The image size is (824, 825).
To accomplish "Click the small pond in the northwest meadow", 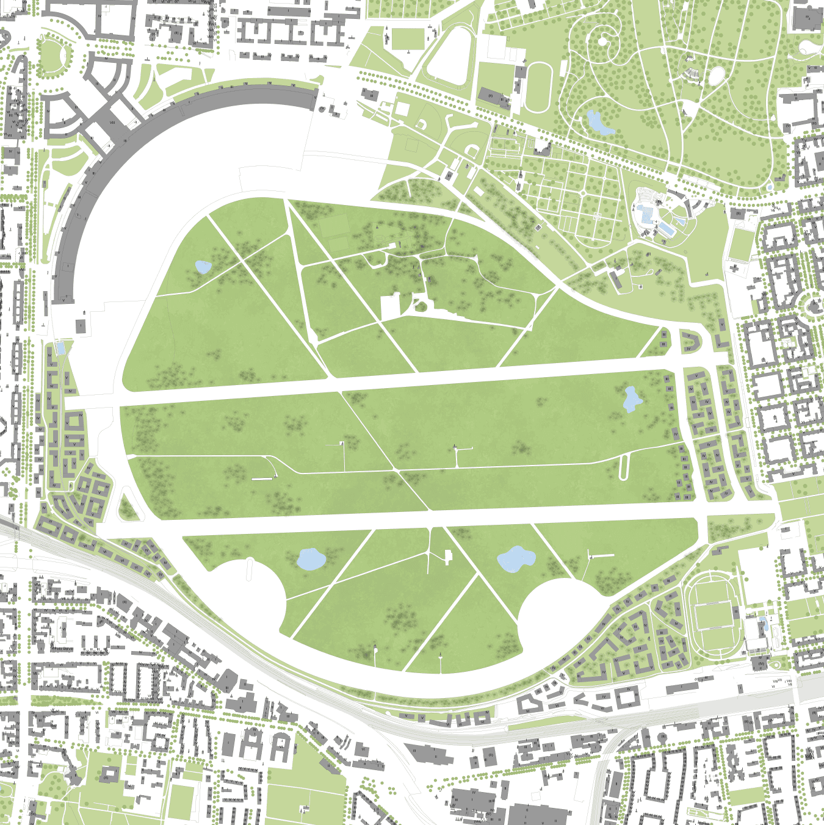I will click(x=203, y=267).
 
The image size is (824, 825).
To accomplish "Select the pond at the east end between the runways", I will click(x=631, y=399).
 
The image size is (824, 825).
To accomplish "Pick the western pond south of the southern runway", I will click(x=310, y=559).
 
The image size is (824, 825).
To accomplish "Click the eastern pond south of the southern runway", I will click(x=516, y=559).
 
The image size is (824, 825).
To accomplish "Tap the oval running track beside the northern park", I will click(x=538, y=87).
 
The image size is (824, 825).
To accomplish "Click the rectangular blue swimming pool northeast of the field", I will click(x=666, y=229).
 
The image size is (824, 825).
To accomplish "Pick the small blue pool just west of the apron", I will click(x=60, y=348).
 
